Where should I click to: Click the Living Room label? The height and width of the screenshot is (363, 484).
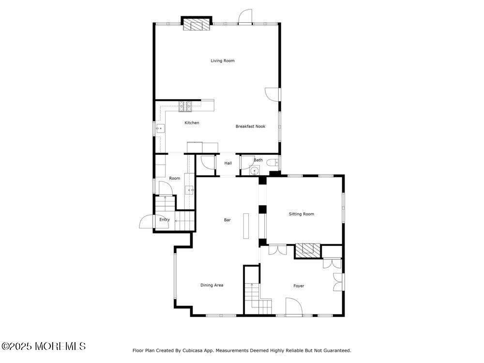[222, 60]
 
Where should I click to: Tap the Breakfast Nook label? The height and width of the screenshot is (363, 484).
[250, 126]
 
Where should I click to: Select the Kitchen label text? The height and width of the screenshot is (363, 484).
[192, 123]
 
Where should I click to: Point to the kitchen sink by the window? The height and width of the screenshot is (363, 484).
[160, 128]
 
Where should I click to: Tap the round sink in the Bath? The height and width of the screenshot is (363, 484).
[255, 171]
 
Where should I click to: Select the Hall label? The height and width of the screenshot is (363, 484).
[228, 163]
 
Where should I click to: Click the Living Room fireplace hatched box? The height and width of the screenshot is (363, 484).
[197, 25]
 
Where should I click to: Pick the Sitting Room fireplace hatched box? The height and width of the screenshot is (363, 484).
[308, 249]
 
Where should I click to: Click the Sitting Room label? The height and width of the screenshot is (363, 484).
[302, 214]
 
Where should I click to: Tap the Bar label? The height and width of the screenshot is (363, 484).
[227, 220]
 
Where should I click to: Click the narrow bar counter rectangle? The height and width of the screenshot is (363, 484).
[246, 225]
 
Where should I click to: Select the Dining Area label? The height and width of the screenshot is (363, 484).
[212, 285]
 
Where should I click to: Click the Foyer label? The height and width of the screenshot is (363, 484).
[299, 286]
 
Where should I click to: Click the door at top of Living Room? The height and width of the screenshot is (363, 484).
[245, 16]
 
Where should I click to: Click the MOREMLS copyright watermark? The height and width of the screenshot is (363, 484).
[44, 346]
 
